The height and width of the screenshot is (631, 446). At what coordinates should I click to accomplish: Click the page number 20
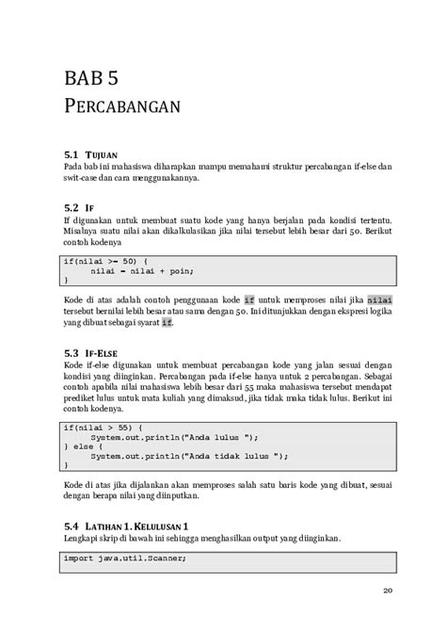coord(388,591)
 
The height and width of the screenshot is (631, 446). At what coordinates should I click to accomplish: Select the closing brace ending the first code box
coord(65,279)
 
